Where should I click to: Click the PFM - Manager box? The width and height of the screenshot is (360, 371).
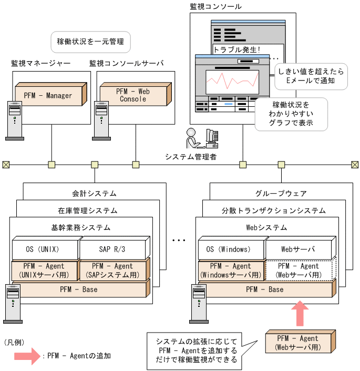(x=50, y=95)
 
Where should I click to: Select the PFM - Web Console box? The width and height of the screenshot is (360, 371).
(x=133, y=95)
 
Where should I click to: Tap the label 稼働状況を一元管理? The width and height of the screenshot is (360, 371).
(x=90, y=41)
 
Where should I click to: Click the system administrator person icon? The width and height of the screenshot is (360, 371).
(x=193, y=138)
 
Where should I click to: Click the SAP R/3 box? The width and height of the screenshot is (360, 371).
(x=111, y=249)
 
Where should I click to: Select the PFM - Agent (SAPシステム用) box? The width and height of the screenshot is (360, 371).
(x=111, y=270)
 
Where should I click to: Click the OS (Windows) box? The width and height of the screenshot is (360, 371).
(x=231, y=249)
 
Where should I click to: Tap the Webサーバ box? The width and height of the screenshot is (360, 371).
(x=299, y=249)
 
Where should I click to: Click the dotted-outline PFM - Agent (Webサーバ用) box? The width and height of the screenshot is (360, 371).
(x=299, y=270)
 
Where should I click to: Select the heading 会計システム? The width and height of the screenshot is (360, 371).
(x=94, y=193)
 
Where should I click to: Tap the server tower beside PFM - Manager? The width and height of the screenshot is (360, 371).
(x=14, y=119)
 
